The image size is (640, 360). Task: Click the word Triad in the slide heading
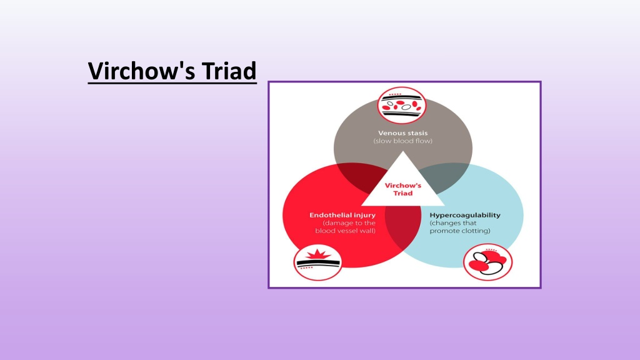coord(229,71)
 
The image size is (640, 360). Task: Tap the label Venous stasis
coord(403,133)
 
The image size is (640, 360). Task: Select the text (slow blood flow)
coord(403,141)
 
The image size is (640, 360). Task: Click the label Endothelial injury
coord(342,215)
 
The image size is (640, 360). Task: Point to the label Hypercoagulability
coord(465,215)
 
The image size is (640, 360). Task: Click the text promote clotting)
coord(460,231)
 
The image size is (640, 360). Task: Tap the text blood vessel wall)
coord(345,231)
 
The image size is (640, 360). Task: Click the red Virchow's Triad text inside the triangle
coord(403,189)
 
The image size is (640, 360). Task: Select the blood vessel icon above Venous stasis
coord(402,105)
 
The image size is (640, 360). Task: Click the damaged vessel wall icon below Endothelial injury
coord(317,262)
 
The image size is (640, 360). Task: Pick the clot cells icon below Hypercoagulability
coord(487,262)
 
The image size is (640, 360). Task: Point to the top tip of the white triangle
coord(403,151)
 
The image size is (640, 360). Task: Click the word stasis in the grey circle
coord(417,133)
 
